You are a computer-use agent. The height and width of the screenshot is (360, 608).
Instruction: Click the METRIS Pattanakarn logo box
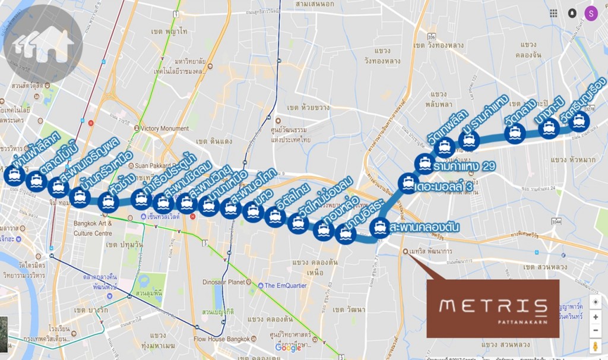pos(493,308)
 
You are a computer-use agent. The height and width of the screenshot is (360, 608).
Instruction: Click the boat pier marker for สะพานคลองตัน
pos(378,227)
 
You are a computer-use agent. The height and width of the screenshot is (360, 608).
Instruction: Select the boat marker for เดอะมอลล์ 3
pos(408,184)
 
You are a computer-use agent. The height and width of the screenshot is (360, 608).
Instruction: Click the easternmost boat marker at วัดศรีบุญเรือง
pos(579,122)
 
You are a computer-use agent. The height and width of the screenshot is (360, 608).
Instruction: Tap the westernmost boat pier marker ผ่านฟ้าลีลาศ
pos(14,175)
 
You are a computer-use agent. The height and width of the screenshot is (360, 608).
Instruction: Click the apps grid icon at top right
pos(553,13)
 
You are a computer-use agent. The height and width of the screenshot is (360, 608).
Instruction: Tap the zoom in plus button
pos(596,317)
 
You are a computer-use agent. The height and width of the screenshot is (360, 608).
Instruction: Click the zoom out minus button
pos(596,331)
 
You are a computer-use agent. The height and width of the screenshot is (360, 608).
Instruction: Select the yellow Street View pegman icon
pos(596,347)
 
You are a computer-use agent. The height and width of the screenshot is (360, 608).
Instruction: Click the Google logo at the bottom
pos(287,348)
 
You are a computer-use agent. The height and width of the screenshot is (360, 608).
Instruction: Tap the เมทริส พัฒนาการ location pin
pos(406,251)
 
